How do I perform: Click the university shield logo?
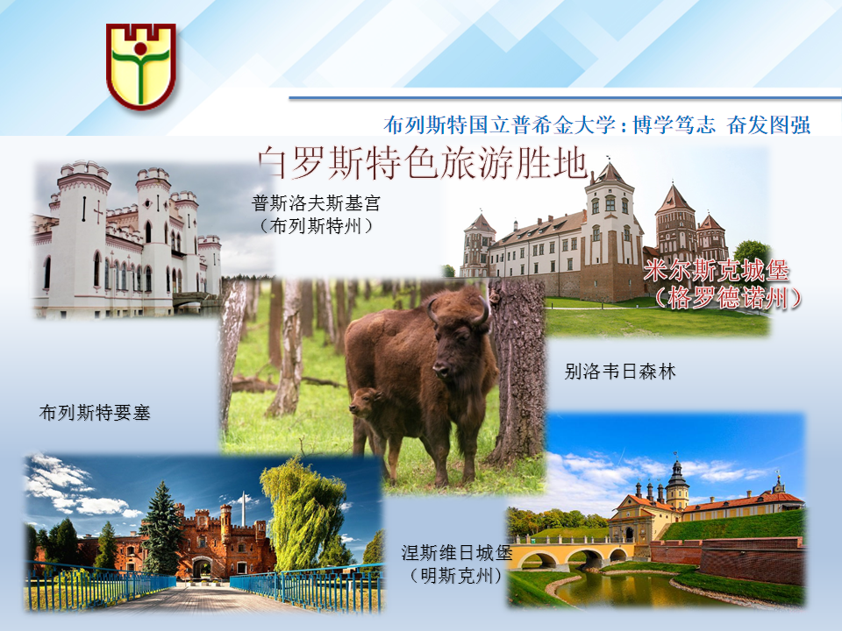pos(140,67)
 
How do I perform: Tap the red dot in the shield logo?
pos(140,49)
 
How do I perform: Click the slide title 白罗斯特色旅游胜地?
pos(423,163)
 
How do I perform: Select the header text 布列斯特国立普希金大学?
pos(499,124)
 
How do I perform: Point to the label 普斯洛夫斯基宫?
pos(316,203)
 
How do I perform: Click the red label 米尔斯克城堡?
pos(716,271)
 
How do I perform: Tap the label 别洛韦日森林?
pos(620,372)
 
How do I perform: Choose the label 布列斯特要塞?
pos(95,413)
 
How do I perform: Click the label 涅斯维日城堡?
pos(456,553)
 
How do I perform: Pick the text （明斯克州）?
pos(456,576)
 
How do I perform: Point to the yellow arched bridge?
pos(574,553)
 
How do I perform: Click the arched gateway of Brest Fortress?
pos(202,568)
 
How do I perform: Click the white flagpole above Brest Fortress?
pos(243,508)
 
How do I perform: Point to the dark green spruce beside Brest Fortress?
pos(161,528)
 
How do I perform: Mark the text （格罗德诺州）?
pos(728,298)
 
